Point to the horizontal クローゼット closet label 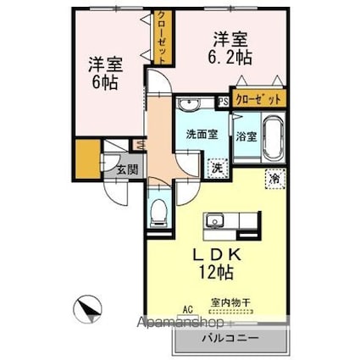[258, 99]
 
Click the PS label [222, 101]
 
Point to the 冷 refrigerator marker [275, 179]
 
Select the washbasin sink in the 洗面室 [190, 106]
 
